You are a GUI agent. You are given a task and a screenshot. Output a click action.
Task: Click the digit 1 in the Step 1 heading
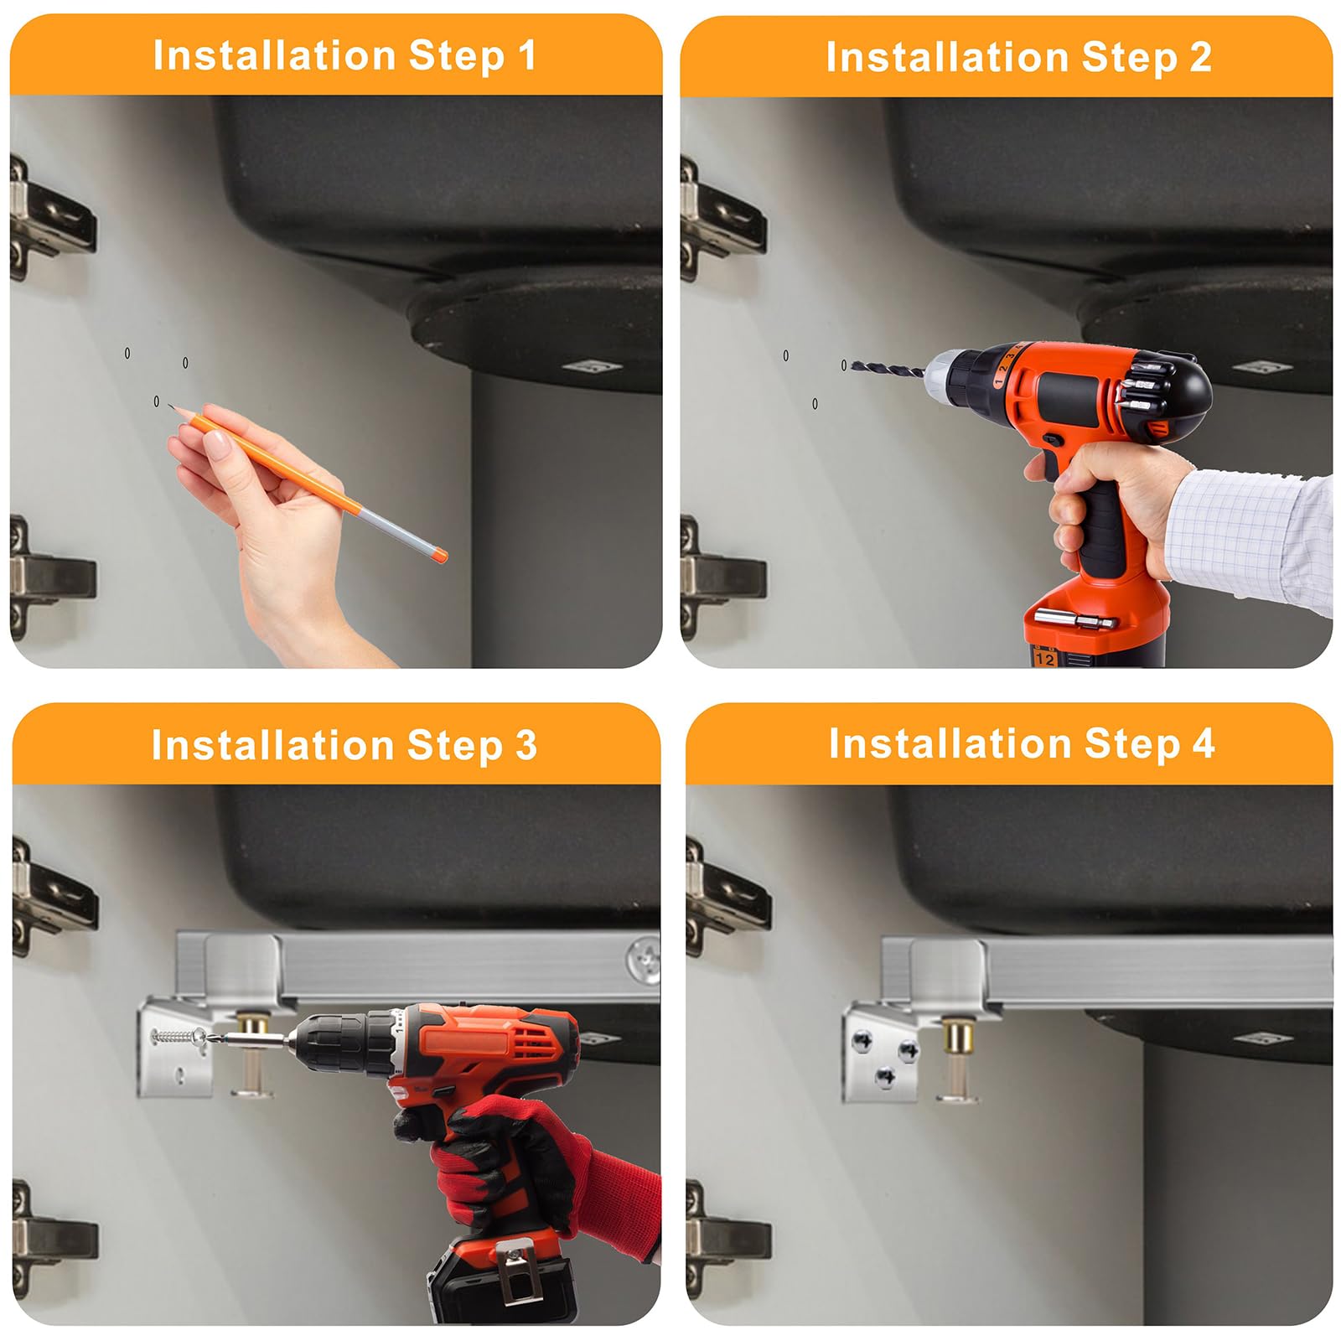[x=526, y=56]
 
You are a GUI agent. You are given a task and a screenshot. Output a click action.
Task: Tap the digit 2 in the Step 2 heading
[x=1200, y=57]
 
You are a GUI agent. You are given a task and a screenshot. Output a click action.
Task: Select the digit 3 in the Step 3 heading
[x=526, y=745]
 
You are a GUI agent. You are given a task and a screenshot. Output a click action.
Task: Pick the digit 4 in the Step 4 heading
[x=1204, y=743]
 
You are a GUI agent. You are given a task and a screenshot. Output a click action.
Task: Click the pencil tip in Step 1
[x=170, y=406]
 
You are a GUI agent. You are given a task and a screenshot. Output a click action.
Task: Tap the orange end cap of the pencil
[x=438, y=554]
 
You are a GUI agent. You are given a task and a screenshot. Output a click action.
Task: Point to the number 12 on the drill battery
[x=1044, y=659]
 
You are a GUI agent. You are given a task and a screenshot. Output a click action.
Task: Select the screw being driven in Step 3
[x=179, y=1036]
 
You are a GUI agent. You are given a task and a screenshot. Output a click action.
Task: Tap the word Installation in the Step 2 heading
[x=947, y=57]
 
